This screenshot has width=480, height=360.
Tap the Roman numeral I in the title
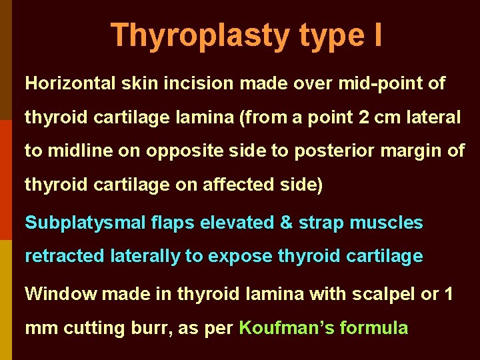tap(377, 35)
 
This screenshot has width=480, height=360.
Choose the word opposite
tap(175, 151)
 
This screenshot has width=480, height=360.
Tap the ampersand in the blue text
tap(287, 223)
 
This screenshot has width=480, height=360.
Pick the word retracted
tap(64, 257)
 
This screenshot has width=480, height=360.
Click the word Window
tap(60, 294)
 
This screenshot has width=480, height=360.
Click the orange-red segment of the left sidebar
tap(5, 180)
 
